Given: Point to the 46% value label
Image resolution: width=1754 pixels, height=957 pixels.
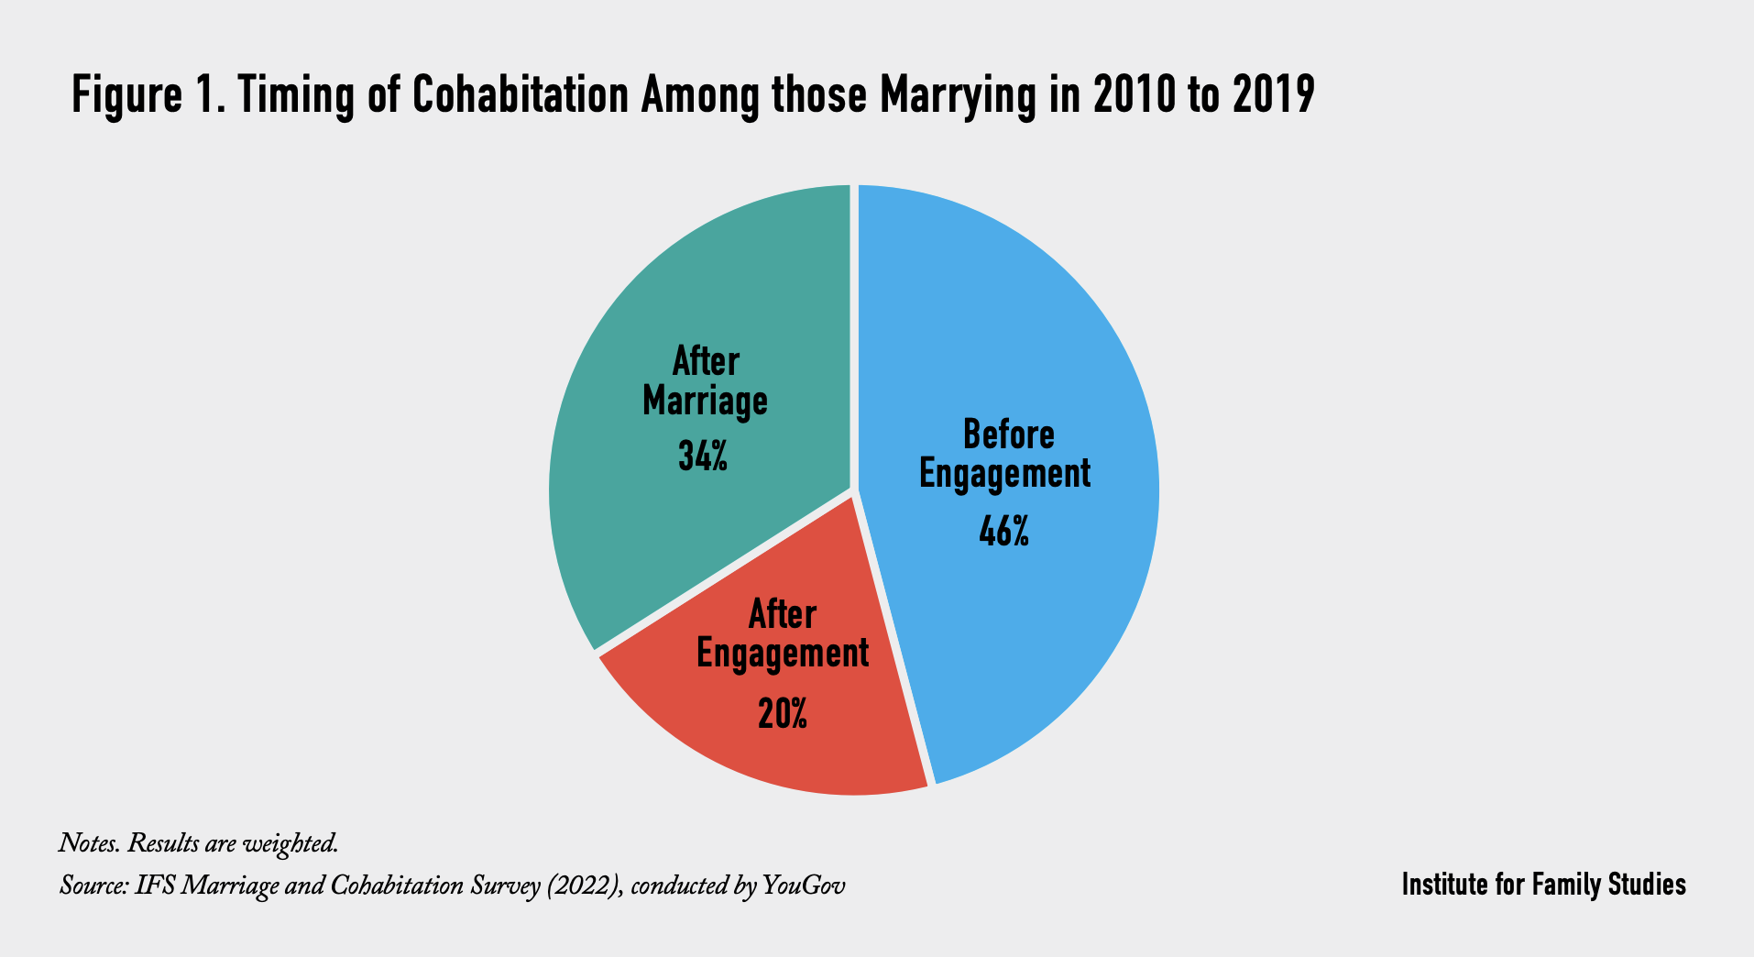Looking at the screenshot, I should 1003,532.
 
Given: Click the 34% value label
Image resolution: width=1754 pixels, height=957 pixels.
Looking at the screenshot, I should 703,456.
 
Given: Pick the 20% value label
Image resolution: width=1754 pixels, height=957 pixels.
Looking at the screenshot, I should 783,713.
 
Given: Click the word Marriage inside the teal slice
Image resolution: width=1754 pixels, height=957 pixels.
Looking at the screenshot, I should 705,402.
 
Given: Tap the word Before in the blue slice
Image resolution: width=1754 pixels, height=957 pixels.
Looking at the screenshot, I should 1008,434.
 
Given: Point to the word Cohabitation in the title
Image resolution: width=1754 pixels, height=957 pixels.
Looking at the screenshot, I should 521,95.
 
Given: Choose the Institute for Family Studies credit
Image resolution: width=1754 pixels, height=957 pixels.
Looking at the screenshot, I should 1543,885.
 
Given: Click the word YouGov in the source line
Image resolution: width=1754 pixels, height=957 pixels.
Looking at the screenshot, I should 804,886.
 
